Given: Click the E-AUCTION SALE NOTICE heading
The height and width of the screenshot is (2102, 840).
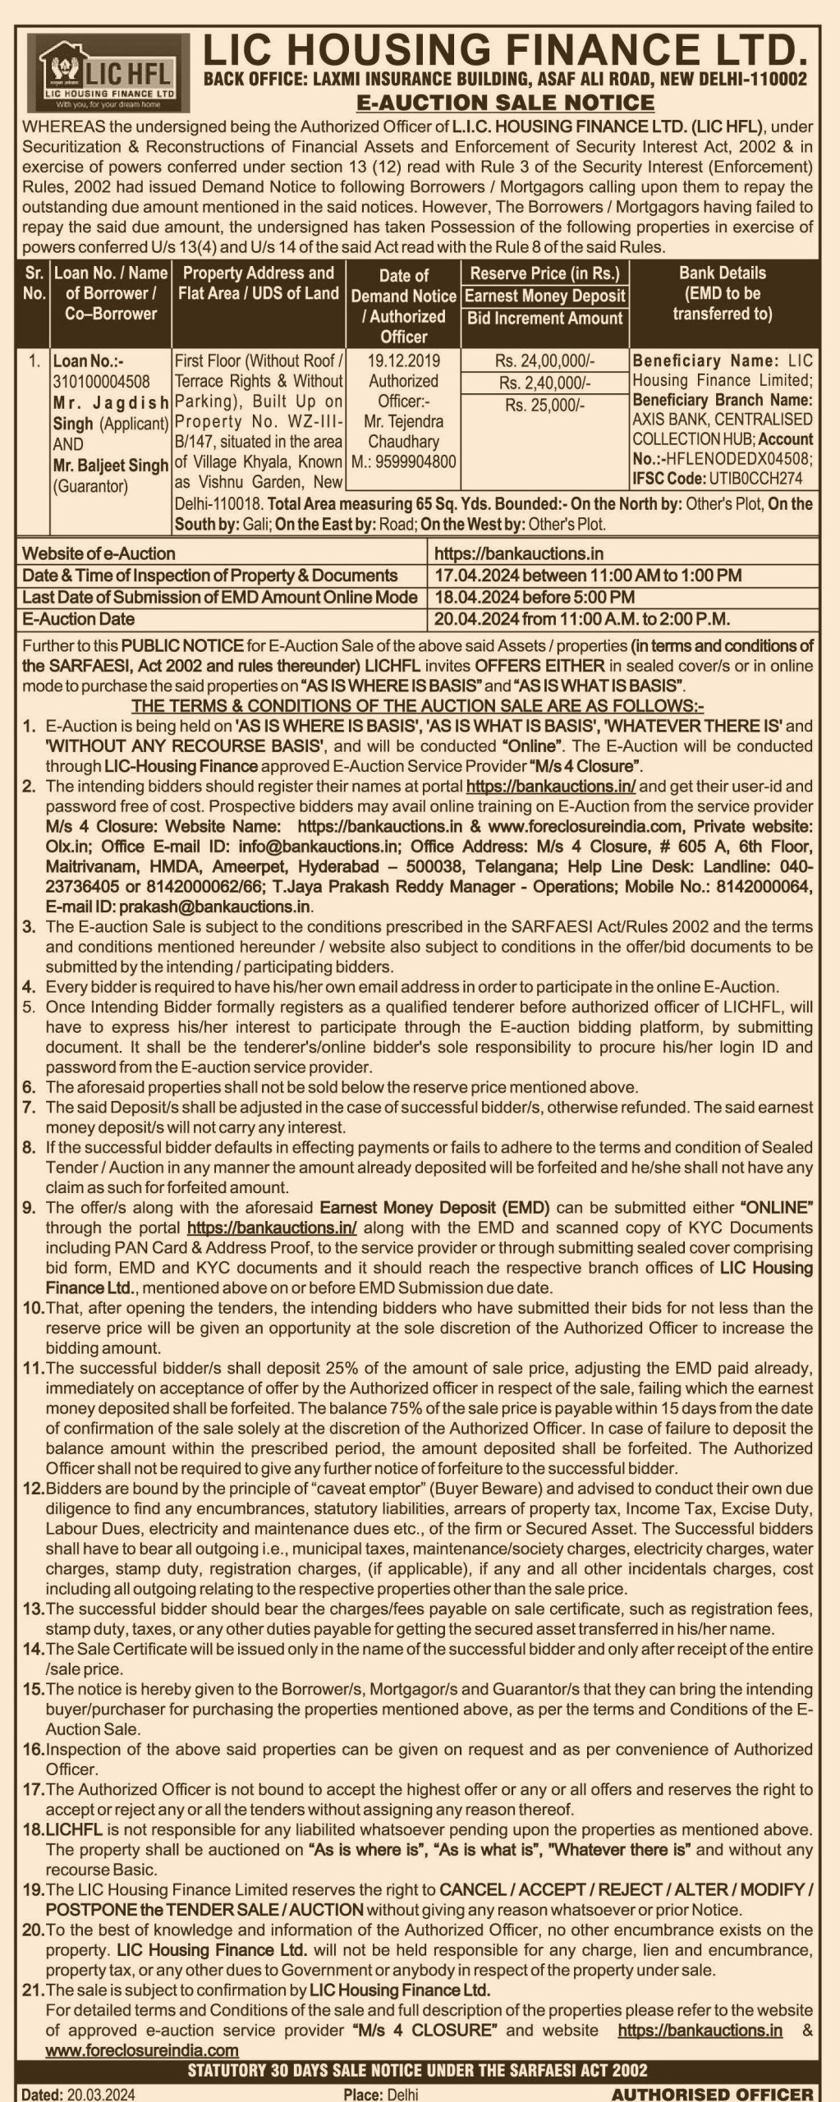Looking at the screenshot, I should [505, 103].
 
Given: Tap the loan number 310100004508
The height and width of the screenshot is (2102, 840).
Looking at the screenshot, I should [101, 381].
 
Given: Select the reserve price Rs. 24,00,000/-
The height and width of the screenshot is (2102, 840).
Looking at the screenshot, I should [544, 360].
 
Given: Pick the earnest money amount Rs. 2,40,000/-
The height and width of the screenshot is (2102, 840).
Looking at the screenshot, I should [544, 383].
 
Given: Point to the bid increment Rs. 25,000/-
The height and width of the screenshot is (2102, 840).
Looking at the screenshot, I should [544, 405].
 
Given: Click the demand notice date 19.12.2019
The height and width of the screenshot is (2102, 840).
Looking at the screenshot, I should [403, 360].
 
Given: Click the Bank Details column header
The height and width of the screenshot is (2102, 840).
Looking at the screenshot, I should [722, 293].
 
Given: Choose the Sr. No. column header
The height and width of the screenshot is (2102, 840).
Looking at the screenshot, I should [34, 282].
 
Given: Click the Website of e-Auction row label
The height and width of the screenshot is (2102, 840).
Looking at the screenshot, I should [99, 553].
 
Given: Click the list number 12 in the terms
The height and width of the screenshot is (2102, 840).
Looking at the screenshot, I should [33, 1488].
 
